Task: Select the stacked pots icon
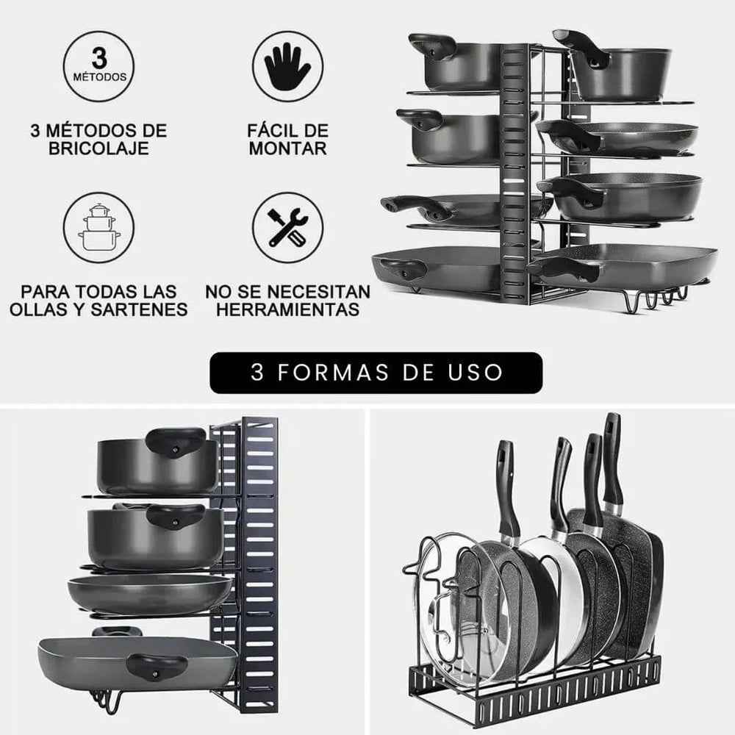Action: (98, 227)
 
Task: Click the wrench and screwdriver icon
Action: (287, 227)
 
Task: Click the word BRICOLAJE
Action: (98, 148)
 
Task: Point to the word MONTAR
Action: (287, 148)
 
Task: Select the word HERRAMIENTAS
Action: (287, 309)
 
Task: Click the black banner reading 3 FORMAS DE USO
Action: (376, 373)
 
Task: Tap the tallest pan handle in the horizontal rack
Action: (612, 459)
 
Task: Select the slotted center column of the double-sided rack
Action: (514, 169)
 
